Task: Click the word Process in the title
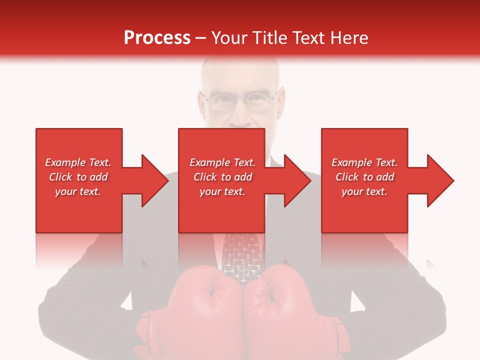pyautogui.click(x=157, y=38)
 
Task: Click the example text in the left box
pyautogui.click(x=78, y=177)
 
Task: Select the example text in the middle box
pyautogui.click(x=222, y=177)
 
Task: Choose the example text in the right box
pyautogui.click(x=364, y=177)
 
